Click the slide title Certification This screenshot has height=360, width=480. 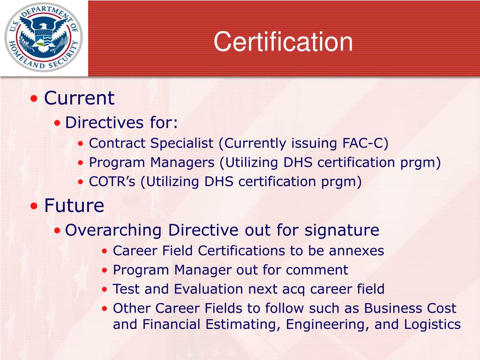tap(283, 42)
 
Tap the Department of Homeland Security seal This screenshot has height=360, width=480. tap(44, 37)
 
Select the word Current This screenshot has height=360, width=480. tap(79, 98)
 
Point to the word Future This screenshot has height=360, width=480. tap(74, 205)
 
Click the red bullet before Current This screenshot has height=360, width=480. tap(34, 99)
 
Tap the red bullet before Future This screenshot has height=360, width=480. tap(34, 206)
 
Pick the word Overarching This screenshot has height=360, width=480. tap(114, 230)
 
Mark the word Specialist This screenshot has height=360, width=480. tap(182, 143)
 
